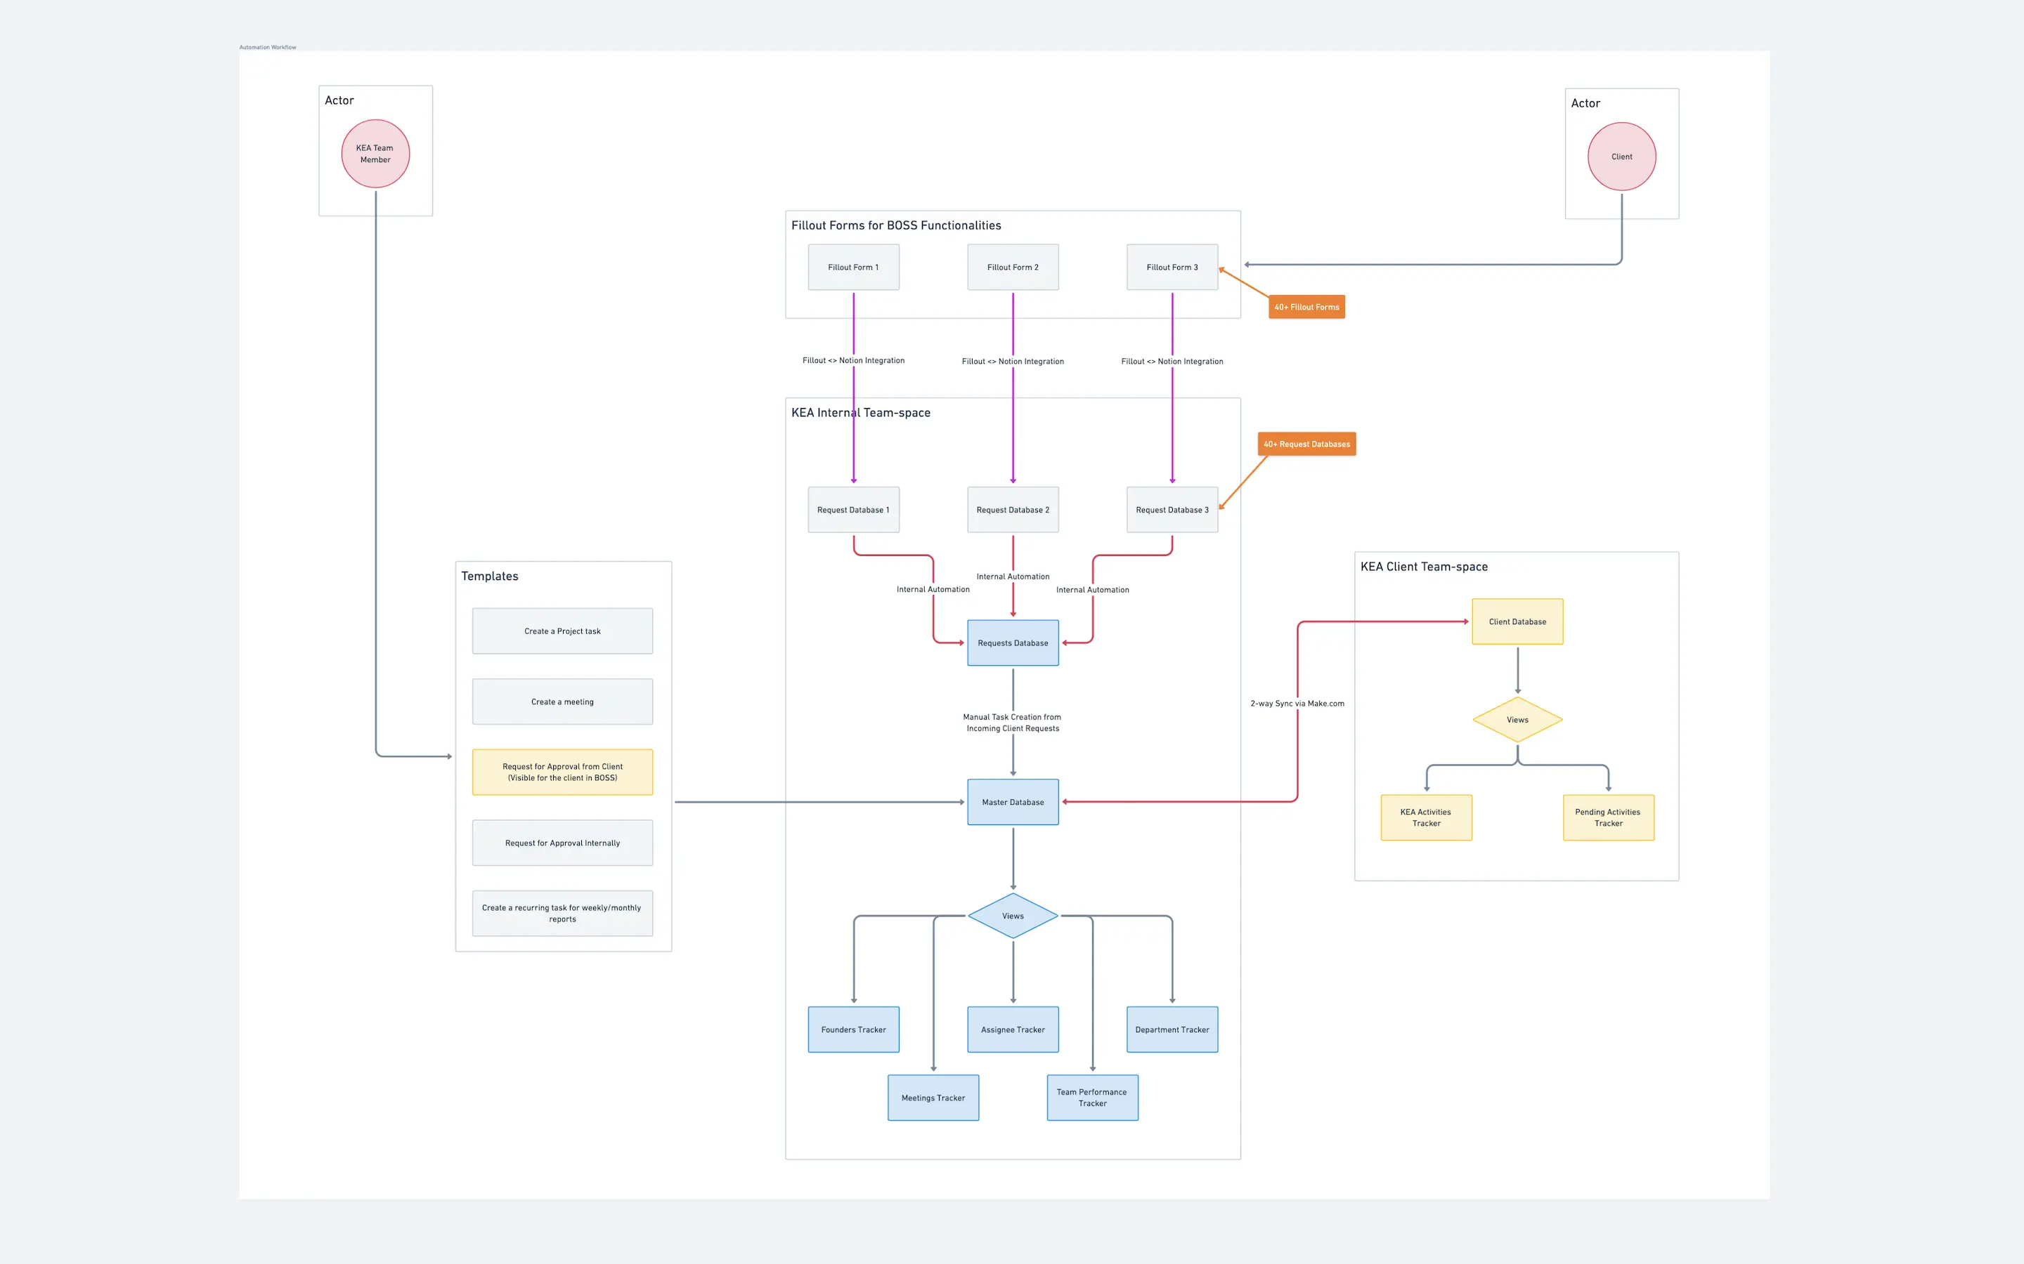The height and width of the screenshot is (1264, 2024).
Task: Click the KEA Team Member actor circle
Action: [x=375, y=154]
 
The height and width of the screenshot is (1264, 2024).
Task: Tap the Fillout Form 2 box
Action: [x=1012, y=268]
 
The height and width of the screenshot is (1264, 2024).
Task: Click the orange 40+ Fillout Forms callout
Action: [x=1306, y=307]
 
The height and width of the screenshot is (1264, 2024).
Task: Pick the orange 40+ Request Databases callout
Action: [x=1306, y=444]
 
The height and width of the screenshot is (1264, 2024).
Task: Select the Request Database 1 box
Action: [x=853, y=510]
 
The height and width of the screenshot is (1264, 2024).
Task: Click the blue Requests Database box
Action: [x=1012, y=643]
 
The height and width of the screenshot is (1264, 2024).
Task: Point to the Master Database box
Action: [x=1012, y=802]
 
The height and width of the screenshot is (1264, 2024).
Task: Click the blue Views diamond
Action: [x=1012, y=916]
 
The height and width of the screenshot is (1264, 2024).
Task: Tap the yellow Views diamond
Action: [x=1517, y=720]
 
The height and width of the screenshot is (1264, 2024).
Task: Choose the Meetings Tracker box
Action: [x=933, y=1098]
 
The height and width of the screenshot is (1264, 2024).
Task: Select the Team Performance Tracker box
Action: [x=1091, y=1098]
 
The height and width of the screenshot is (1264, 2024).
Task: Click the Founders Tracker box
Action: [x=853, y=1029]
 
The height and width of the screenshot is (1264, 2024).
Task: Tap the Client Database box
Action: [x=1517, y=621]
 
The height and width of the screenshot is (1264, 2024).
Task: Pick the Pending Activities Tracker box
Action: [x=1607, y=817]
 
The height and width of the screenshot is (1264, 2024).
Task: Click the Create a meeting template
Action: [x=562, y=702]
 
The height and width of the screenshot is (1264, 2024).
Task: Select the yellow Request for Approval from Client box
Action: [x=562, y=772]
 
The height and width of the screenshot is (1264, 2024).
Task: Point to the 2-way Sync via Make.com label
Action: [x=1297, y=703]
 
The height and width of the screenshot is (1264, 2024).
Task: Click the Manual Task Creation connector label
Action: [x=1012, y=723]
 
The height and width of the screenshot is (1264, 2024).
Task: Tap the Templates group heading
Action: [x=489, y=576]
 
